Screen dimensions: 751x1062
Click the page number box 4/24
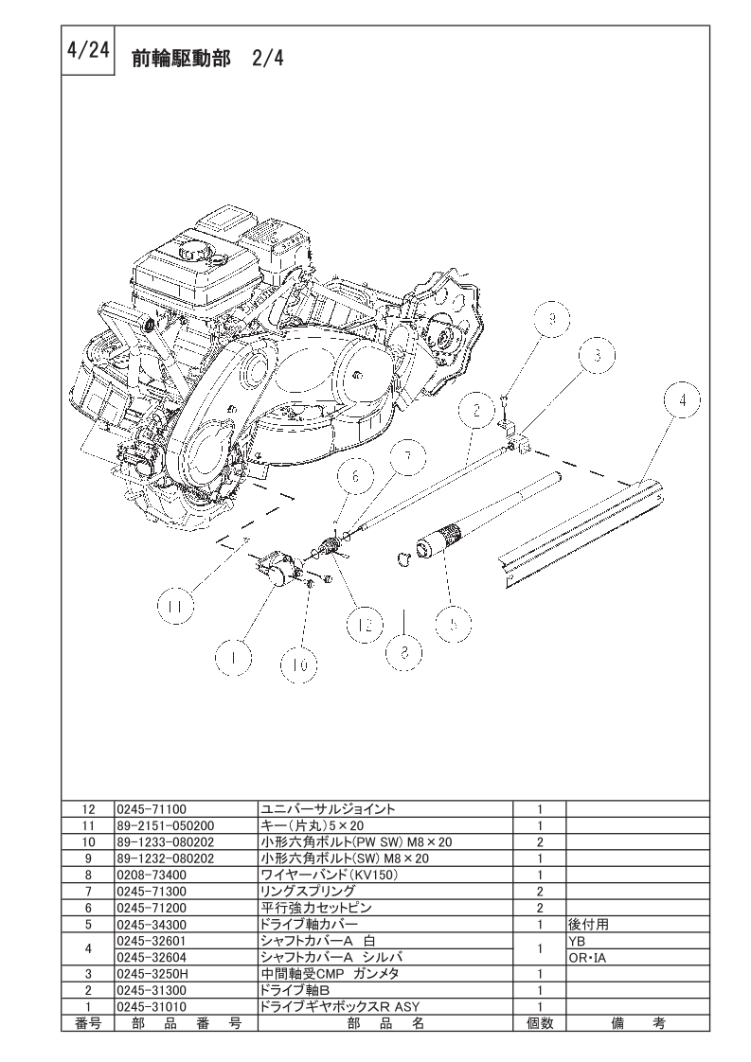(x=89, y=51)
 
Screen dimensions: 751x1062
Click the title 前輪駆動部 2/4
(x=207, y=59)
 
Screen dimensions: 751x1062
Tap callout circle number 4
(x=683, y=400)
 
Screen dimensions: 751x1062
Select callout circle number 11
(x=175, y=607)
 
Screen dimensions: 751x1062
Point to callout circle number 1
(x=233, y=657)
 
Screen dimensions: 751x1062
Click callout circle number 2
(x=476, y=411)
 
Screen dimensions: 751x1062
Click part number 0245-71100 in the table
(x=152, y=808)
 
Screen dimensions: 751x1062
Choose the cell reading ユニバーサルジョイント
(x=328, y=808)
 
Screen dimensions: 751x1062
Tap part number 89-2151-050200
(x=166, y=825)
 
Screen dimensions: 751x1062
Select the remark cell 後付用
(x=589, y=924)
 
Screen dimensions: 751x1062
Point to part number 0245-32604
(x=152, y=957)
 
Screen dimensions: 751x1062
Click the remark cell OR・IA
(x=587, y=958)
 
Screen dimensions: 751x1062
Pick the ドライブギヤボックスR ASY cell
(x=340, y=1006)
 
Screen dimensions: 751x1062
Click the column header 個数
(x=540, y=1022)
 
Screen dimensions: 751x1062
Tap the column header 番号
(x=87, y=1022)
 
